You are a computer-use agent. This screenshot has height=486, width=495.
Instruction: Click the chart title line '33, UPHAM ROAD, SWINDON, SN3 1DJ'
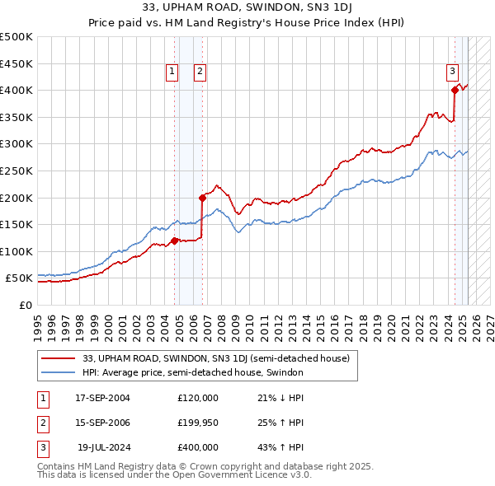pyautogui.click(x=247, y=8)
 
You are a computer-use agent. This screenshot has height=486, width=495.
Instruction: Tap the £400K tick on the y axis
pyautogui.click(x=16, y=90)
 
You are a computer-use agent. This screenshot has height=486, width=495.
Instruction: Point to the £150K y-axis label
pyautogui.click(x=16, y=224)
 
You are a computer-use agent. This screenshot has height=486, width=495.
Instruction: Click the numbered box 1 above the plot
pyautogui.click(x=172, y=72)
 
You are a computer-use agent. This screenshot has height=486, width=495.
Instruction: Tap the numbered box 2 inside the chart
pyautogui.click(x=200, y=72)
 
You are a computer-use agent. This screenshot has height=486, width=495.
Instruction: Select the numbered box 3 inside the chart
pyautogui.click(x=453, y=72)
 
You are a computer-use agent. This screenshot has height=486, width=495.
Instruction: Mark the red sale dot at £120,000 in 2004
pyautogui.click(x=175, y=241)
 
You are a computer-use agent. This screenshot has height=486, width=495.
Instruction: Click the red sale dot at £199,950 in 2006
pyautogui.click(x=203, y=198)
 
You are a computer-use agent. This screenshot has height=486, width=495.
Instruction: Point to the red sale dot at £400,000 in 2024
pyautogui.click(x=455, y=90)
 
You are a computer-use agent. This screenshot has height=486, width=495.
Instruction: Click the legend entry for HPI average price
pyautogui.click(x=193, y=372)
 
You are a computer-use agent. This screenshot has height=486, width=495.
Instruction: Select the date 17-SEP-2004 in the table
pyautogui.click(x=102, y=398)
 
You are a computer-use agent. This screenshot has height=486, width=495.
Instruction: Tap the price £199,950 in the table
pyautogui.click(x=198, y=423)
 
